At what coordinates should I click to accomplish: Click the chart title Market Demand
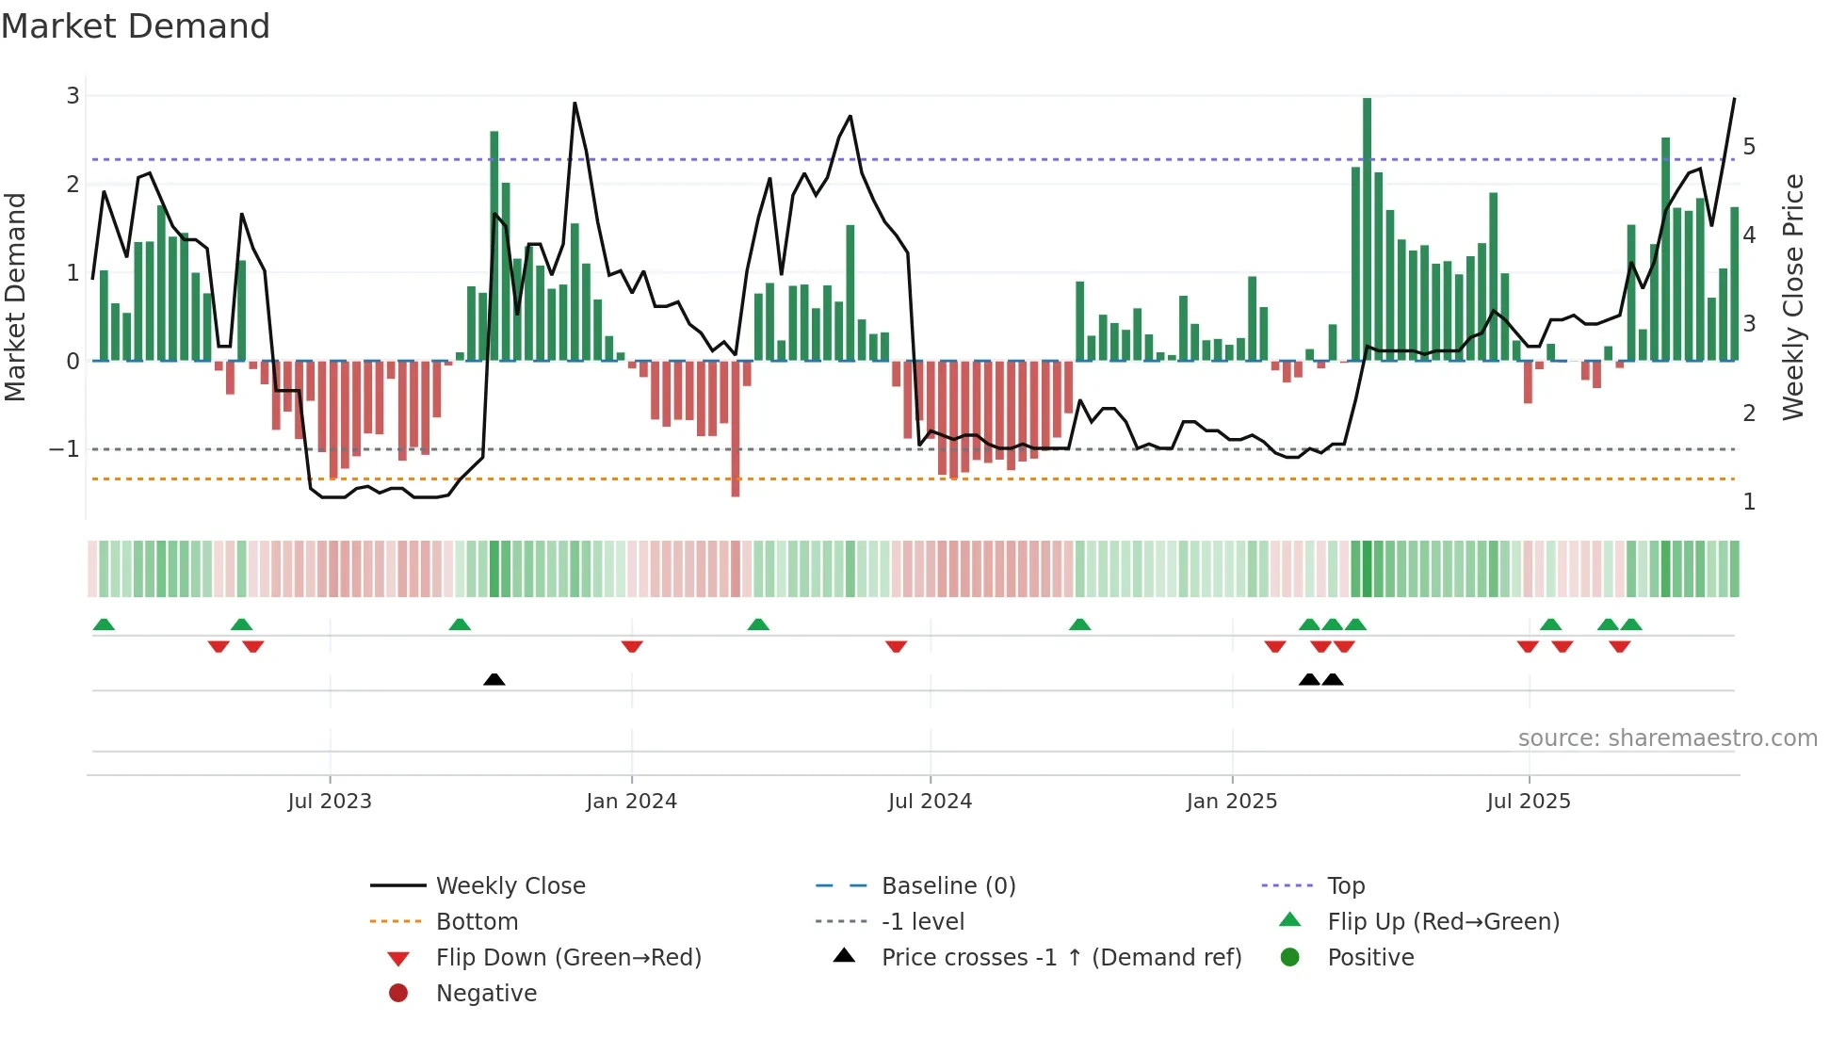tap(136, 26)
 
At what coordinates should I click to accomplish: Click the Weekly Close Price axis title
tap(1793, 297)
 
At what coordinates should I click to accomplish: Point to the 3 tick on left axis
tap(73, 96)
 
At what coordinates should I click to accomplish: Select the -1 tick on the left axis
tap(64, 449)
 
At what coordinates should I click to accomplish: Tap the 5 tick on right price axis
tap(1749, 147)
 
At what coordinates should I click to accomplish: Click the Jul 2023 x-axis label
tap(330, 802)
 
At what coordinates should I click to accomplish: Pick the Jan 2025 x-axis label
tap(1231, 802)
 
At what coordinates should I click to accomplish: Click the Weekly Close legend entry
tap(510, 886)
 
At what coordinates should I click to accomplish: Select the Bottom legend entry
tap(477, 922)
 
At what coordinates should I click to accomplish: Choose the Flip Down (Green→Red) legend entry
tap(568, 958)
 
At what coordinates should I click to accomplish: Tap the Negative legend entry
tap(486, 994)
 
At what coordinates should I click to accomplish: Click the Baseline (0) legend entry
tap(947, 886)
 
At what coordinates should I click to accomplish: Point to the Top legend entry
tap(1345, 886)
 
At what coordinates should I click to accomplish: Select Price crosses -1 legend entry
tap(1061, 958)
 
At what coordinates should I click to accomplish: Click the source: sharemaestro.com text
tap(1667, 738)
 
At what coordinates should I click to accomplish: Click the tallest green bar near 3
tap(1367, 226)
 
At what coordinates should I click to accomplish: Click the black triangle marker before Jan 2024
tap(494, 679)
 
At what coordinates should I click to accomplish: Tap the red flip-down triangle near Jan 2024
tap(632, 646)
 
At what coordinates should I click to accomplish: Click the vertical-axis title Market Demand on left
tap(16, 297)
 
